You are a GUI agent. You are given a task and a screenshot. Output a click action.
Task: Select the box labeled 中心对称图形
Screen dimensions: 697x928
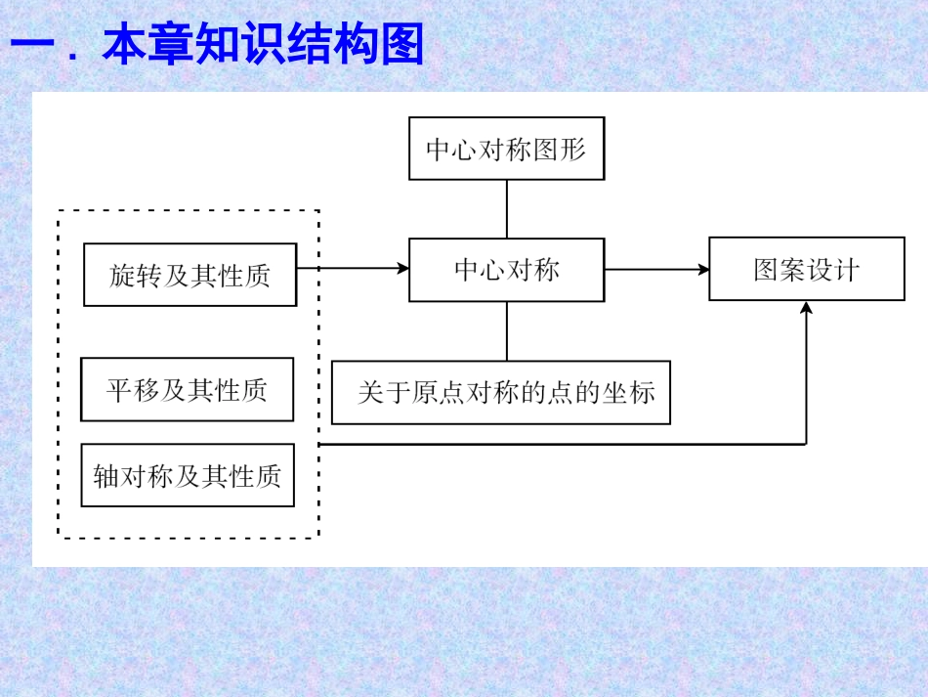[506, 149]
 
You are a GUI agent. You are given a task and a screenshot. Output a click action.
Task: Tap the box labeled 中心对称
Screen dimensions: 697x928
[506, 270]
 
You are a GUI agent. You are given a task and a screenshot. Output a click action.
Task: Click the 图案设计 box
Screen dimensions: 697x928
[806, 269]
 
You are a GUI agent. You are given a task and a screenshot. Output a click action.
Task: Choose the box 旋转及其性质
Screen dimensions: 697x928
[190, 275]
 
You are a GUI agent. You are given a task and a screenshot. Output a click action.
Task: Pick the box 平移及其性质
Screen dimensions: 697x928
[187, 390]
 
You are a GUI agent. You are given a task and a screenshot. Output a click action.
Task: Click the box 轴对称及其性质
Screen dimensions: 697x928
[188, 475]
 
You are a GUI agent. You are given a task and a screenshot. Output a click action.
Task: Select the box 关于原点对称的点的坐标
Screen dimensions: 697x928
[501, 393]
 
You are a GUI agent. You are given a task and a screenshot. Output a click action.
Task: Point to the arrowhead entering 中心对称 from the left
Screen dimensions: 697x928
[403, 268]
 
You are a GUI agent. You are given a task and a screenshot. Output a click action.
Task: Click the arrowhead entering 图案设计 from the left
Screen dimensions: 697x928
[703, 269]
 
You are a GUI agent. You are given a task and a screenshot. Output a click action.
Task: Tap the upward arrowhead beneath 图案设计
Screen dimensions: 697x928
[806, 308]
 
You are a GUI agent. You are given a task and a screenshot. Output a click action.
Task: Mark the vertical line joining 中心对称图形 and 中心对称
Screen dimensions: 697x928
[506, 209]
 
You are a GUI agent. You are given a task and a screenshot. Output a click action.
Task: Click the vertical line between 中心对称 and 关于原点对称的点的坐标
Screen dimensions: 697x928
[506, 331]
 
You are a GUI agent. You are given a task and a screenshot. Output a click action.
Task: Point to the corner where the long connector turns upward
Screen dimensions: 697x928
[806, 444]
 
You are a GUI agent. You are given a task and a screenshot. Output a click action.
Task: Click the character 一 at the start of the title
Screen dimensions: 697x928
[31, 46]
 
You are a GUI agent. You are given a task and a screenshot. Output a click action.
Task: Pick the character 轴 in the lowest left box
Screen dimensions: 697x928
[105, 476]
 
